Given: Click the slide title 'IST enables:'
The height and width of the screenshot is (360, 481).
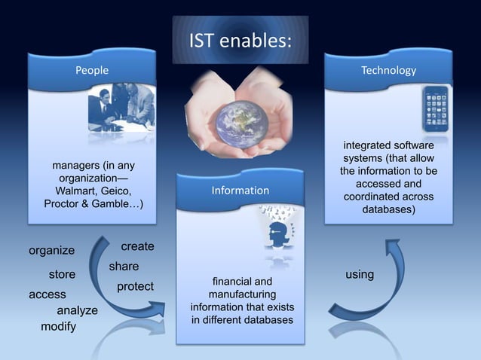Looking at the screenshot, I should click(240, 39).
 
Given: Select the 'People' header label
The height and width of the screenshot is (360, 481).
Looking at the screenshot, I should click(91, 70).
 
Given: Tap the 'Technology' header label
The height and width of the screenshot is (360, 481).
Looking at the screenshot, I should click(388, 70).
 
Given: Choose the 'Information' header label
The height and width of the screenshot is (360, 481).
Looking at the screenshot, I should click(240, 191).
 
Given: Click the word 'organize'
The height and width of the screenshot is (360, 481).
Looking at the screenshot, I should click(51, 250).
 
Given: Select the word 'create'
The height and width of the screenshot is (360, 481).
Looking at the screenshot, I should click(137, 246).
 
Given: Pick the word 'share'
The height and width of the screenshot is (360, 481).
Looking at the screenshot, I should click(124, 266).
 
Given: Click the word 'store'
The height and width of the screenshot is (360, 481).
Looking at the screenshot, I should click(62, 274).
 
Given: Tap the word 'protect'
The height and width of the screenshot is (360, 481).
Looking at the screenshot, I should click(135, 286).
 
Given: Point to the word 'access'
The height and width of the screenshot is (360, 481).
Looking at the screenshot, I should click(47, 294).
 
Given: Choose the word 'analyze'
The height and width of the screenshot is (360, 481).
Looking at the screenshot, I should click(77, 310).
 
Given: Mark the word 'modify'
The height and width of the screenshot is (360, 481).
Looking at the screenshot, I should click(58, 327).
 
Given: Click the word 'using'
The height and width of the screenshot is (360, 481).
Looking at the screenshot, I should click(360, 274).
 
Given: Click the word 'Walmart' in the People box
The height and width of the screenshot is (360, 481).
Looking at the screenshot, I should click(69, 191).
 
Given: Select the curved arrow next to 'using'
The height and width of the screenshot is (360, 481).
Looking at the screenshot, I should click(373, 286).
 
